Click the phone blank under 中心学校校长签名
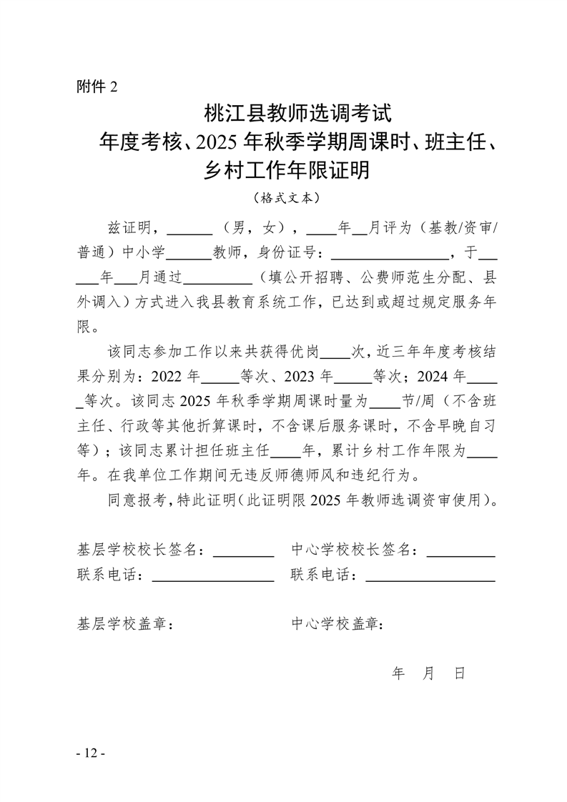[429, 575]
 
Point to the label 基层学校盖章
[126, 623]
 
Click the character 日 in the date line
[459, 673]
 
